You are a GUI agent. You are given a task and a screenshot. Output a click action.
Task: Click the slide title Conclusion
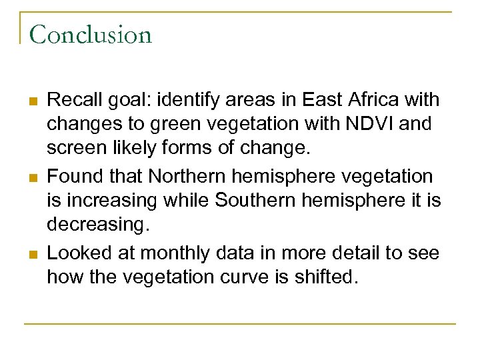[91, 34]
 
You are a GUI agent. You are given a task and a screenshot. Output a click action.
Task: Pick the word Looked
[75, 253]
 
